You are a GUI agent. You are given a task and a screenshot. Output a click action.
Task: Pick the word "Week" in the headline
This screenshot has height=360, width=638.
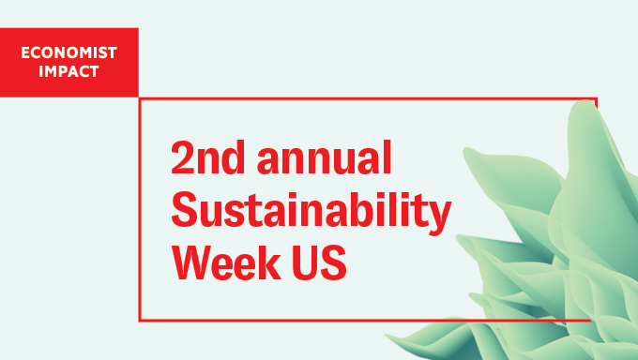pyautogui.click(x=224, y=262)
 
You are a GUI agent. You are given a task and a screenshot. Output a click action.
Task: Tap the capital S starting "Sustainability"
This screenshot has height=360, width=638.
pyautogui.click(x=185, y=211)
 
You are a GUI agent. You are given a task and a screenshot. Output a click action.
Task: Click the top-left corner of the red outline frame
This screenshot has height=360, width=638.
pyautogui.click(x=140, y=97)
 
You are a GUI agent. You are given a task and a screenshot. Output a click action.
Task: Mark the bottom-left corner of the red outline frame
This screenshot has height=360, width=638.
pyautogui.click(x=140, y=320)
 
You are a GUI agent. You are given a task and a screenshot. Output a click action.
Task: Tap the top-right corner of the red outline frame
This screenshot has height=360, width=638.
pyautogui.click(x=596, y=97)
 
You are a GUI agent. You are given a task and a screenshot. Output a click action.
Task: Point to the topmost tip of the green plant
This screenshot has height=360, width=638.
pyautogui.click(x=580, y=100)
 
